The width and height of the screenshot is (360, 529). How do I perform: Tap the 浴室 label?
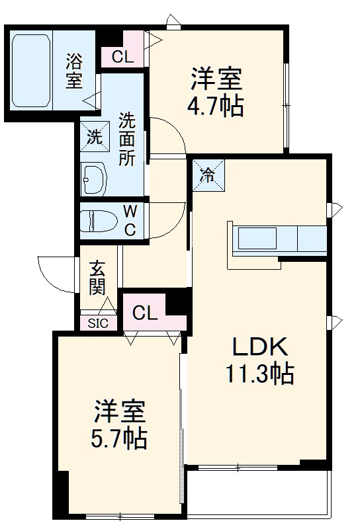point(73,71)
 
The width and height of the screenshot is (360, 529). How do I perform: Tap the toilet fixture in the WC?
point(96,220)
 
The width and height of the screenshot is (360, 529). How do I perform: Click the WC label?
point(130,221)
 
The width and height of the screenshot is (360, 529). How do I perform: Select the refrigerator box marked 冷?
point(207,175)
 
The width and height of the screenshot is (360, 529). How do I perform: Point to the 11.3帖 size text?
point(260,374)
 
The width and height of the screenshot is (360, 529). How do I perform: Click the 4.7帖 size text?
point(216,105)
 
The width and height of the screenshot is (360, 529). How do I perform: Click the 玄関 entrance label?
point(98,278)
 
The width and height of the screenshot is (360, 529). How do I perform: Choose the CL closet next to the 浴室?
point(122,57)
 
